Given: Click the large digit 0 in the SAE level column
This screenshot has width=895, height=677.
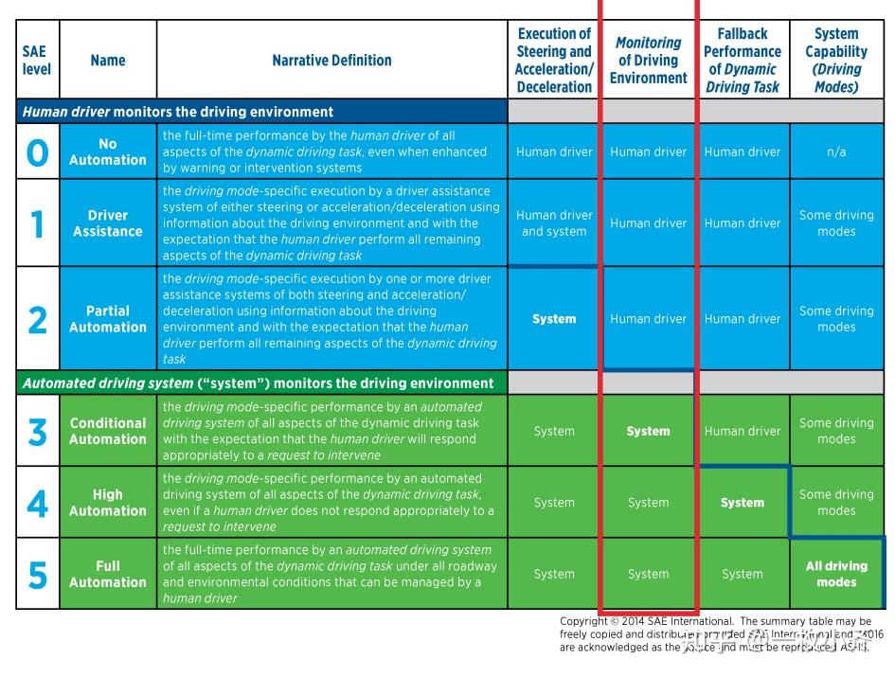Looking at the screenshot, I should point(37,151).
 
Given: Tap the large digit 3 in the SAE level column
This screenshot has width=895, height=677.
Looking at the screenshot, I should point(37,432).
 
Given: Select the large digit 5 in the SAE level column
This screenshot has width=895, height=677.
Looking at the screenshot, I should point(37,575).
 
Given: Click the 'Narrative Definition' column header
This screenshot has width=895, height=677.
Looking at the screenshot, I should point(331,60).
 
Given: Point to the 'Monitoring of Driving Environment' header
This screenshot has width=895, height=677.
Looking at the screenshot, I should point(649,61).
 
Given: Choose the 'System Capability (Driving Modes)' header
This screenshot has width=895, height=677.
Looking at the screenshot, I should point(836,60).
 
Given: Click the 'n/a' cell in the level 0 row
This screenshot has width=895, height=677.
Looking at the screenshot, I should point(836,151).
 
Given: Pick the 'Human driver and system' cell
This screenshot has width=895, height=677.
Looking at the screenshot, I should point(554,223).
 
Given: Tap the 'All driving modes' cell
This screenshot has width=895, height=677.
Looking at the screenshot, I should point(836,574).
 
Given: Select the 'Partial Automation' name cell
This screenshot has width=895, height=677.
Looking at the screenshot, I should point(108,319).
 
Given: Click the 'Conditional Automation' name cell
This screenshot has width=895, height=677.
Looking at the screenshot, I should point(108,431).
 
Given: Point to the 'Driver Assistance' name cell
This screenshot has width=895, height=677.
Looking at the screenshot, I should point(108,223).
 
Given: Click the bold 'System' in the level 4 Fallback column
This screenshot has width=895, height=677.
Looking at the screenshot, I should point(743,503).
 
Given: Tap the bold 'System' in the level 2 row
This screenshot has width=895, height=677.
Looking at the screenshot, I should point(554,319).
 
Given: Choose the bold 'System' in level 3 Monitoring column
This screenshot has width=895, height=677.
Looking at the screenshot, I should point(649,431).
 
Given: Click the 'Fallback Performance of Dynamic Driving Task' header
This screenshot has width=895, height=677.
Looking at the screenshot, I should point(743,60).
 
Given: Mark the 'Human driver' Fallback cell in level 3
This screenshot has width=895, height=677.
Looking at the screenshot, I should point(743,431).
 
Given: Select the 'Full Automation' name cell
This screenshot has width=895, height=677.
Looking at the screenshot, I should point(108,574).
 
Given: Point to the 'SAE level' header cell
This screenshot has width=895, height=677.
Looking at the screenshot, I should point(37,60).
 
